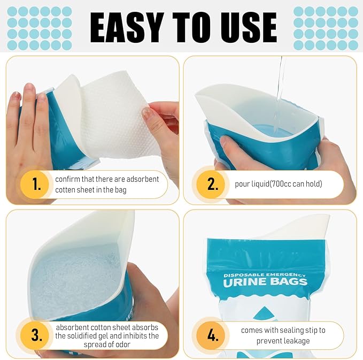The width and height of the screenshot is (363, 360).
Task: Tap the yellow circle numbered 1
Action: tap(35, 184)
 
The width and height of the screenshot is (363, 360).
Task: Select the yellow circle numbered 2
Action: tap(211, 184)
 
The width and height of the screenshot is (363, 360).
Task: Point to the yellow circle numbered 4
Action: tap(211, 335)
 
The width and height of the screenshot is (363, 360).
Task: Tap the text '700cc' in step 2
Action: tap(282, 184)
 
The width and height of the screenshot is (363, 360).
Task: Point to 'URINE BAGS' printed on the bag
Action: tap(265, 282)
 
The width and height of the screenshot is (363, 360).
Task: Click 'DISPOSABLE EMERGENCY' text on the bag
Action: tap(265, 275)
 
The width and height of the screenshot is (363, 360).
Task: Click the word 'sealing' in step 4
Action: tap(285, 330)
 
